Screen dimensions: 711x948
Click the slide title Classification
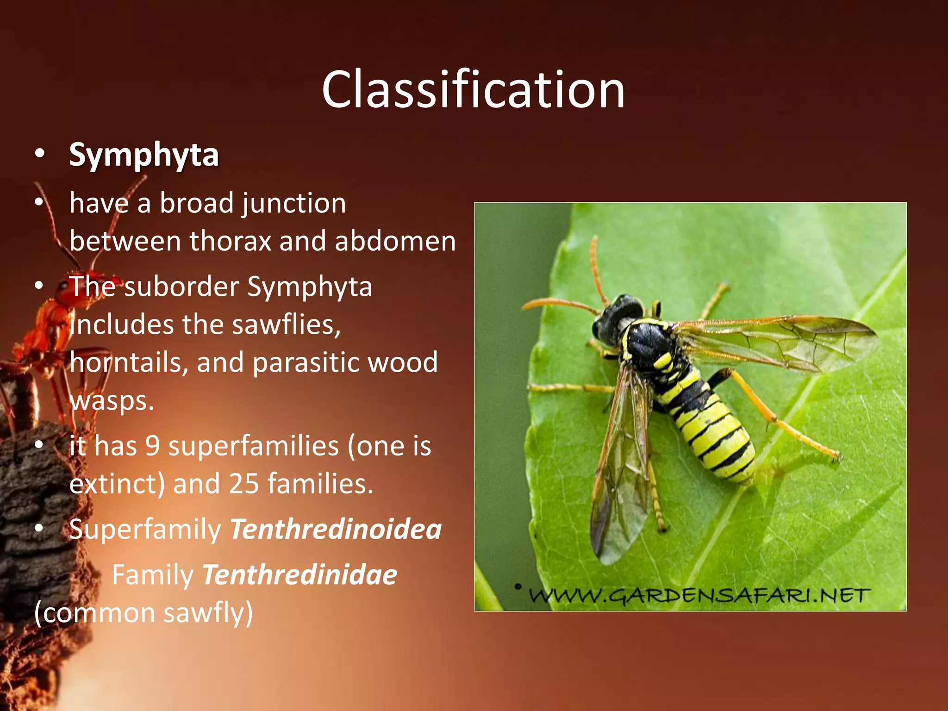click(473, 89)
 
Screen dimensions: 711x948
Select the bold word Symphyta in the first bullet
click(143, 155)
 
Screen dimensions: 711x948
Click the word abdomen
click(395, 242)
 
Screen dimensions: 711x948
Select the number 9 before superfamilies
click(152, 446)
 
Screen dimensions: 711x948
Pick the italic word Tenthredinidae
click(299, 575)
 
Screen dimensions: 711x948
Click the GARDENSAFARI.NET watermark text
click(699, 595)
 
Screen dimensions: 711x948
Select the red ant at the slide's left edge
click(51, 319)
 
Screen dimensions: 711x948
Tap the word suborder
click(181, 287)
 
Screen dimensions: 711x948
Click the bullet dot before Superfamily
click(39, 528)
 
